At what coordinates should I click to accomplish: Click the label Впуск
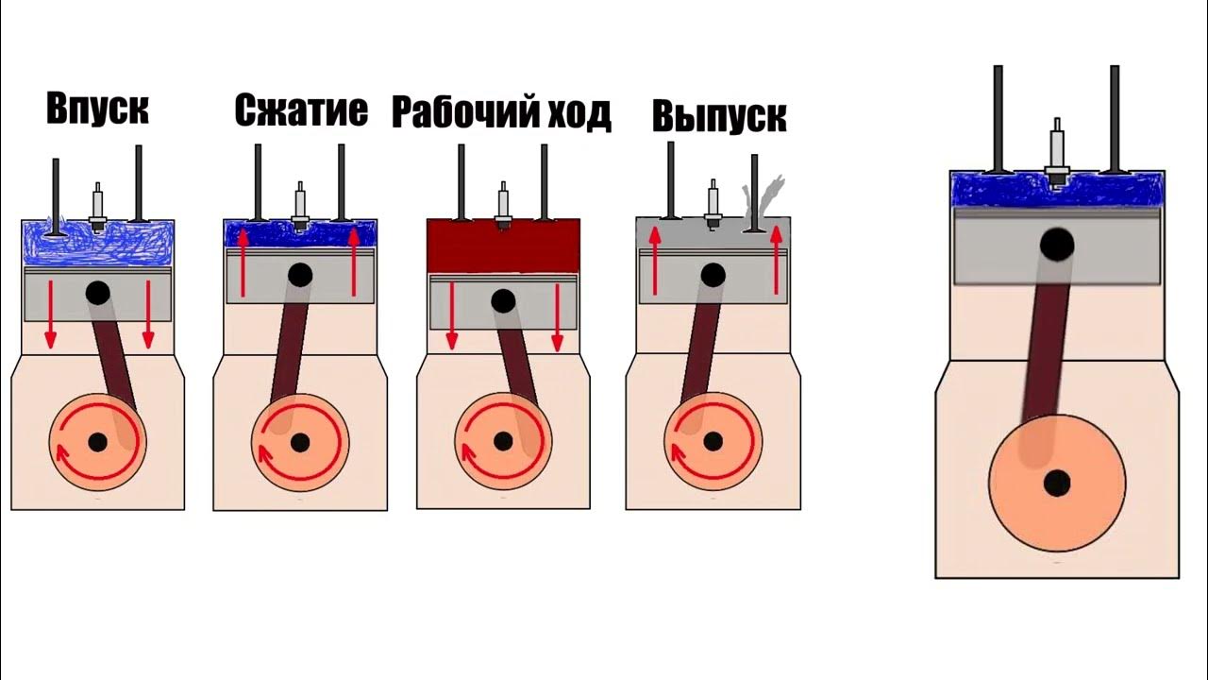[97, 109]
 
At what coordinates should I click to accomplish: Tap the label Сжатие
[301, 110]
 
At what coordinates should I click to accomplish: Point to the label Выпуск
[719, 116]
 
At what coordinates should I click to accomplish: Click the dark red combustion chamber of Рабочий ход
[503, 246]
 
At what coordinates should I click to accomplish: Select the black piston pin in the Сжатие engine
[300, 275]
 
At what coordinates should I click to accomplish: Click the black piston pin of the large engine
[1057, 246]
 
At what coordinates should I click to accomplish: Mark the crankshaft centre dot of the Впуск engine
[97, 441]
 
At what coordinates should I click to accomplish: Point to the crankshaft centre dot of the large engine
[1057, 483]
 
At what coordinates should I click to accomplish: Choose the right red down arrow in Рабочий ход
[557, 315]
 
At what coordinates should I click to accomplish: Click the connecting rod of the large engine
[1048, 349]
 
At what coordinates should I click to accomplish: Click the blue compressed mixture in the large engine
[1000, 190]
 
